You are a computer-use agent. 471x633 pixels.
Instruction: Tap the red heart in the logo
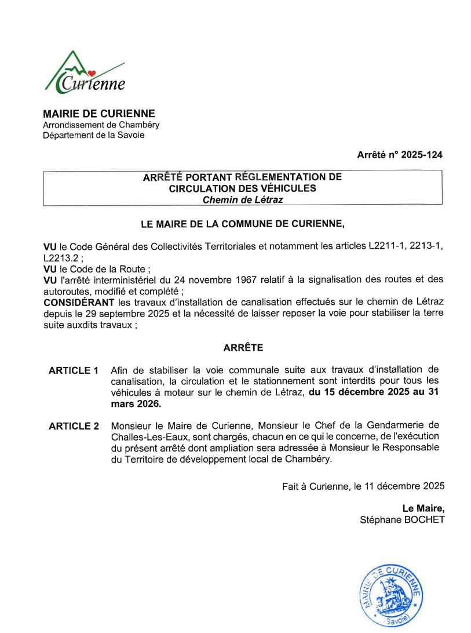point(92,74)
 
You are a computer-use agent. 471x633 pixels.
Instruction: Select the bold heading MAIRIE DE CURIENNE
point(99,114)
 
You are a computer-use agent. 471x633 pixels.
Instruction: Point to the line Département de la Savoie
point(93,135)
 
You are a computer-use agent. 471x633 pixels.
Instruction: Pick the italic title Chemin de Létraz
point(243,199)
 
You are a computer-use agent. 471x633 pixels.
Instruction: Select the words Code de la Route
point(109,269)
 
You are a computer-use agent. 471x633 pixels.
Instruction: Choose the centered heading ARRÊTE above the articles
point(243,348)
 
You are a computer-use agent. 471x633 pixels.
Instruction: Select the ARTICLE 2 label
point(74,427)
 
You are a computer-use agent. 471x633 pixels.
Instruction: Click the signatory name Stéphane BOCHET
point(402,520)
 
